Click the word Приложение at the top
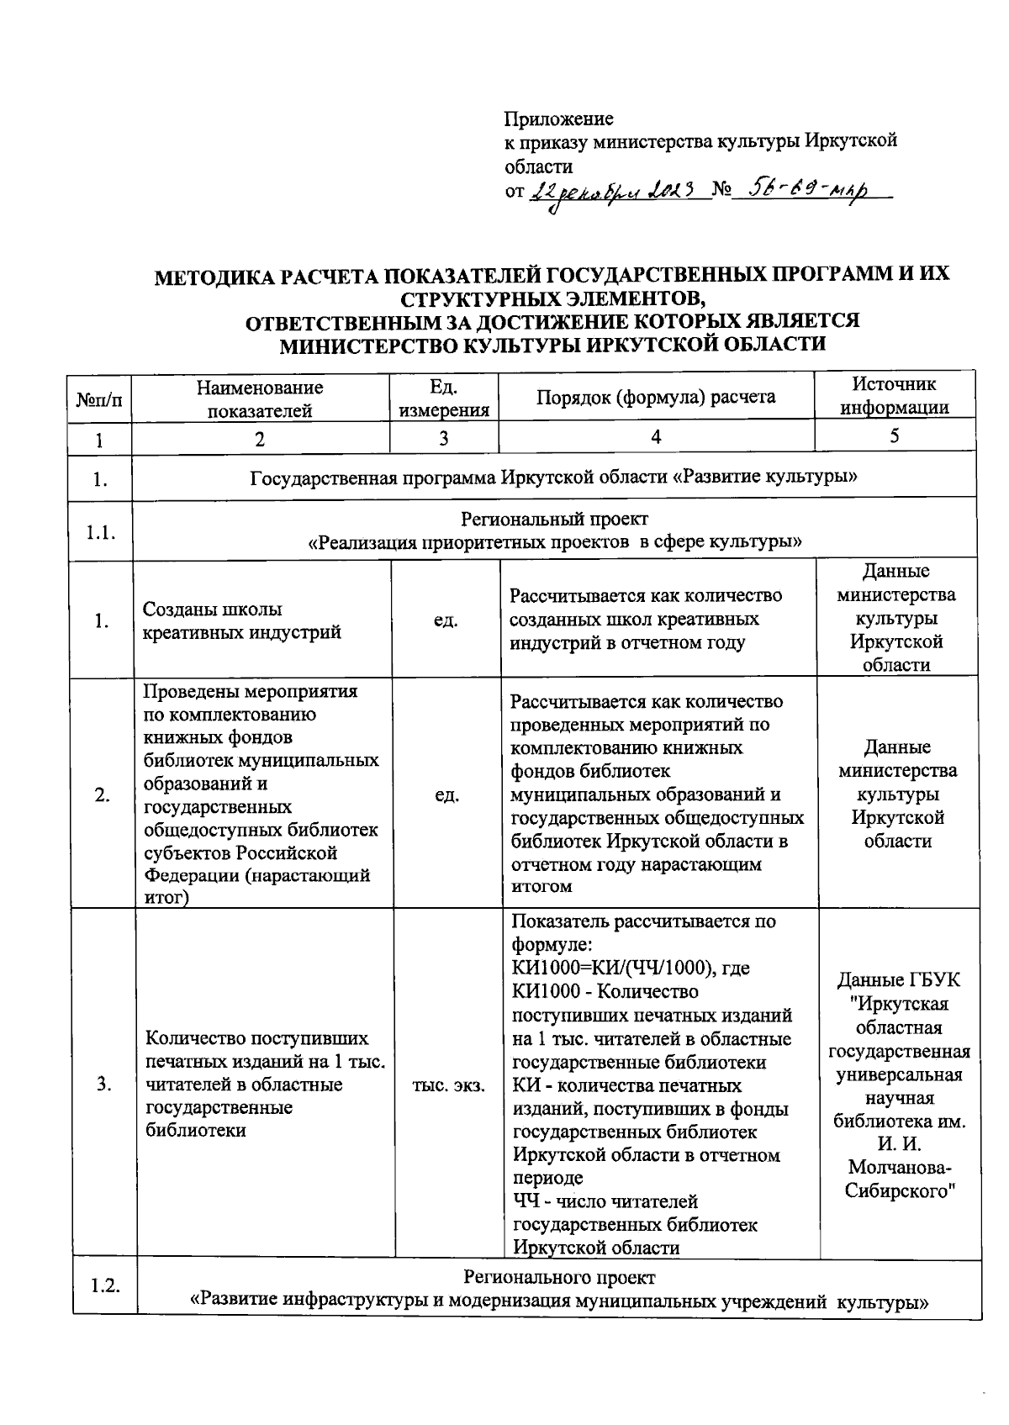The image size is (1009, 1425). coord(558,119)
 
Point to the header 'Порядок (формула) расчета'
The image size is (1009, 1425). coord(656,397)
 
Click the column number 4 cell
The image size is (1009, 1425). coord(656,436)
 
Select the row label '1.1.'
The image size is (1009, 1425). coord(101,532)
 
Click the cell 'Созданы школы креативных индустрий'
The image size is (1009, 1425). coord(242,620)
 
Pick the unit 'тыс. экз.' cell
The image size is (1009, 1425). coord(447,1085)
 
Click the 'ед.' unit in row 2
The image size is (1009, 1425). coord(446,794)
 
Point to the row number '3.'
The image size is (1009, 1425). coord(103,1085)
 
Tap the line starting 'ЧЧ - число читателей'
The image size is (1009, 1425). coord(605,1201)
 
